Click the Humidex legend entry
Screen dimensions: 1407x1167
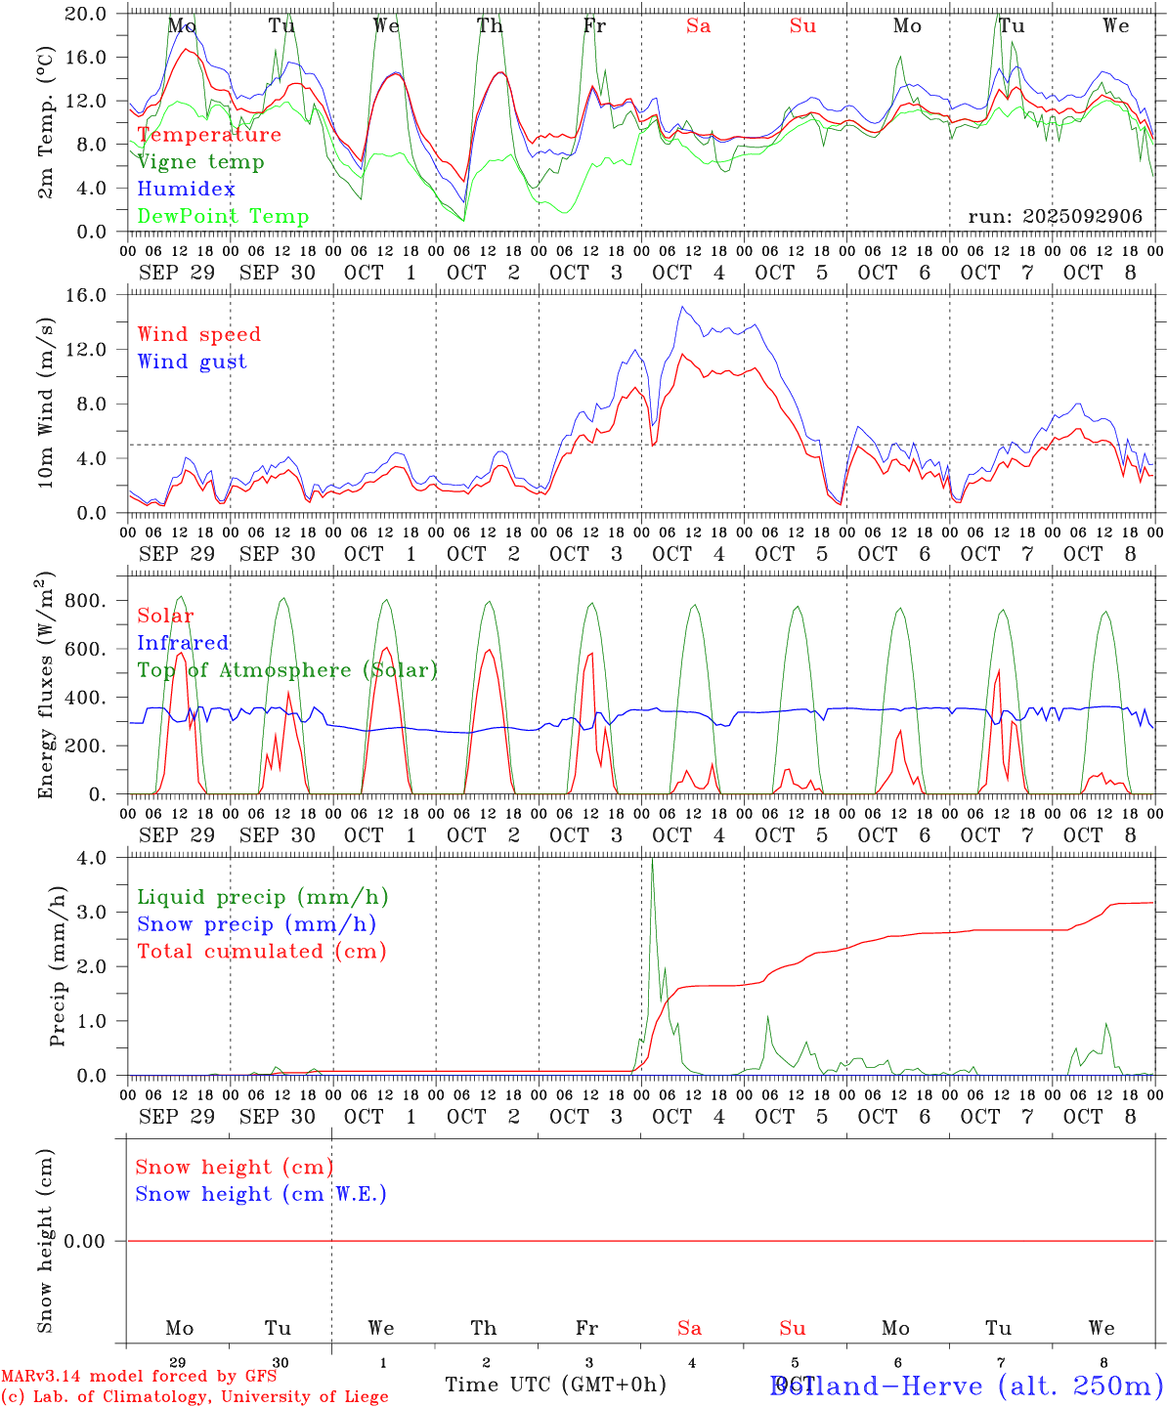click(x=186, y=189)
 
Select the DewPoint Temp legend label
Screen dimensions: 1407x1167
click(x=223, y=216)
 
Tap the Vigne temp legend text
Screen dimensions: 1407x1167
click(x=200, y=161)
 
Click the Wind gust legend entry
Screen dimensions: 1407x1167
click(x=192, y=362)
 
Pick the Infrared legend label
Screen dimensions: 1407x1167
click(x=183, y=643)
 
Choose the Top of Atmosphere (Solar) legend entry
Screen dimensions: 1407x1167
click(x=287, y=670)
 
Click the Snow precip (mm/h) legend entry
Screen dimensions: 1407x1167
click(x=256, y=924)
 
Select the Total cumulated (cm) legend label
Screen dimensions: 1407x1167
click(x=261, y=951)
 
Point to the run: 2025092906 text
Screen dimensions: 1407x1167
click(x=1055, y=216)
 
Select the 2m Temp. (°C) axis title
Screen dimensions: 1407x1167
click(x=45, y=122)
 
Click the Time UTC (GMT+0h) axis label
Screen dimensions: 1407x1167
click(x=555, y=1384)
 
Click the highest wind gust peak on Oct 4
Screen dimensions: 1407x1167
click(x=683, y=308)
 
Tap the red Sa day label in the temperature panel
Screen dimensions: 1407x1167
click(x=698, y=26)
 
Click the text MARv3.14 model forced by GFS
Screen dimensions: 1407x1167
click(x=139, y=1376)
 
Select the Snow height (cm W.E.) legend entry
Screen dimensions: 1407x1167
click(x=261, y=1194)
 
